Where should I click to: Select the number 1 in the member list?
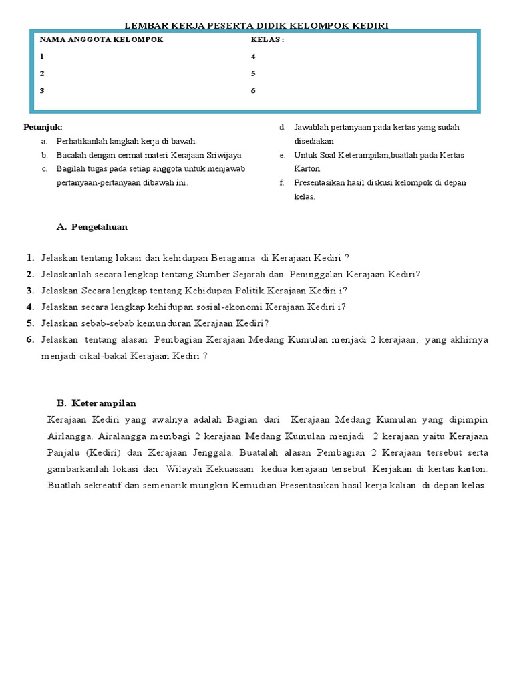coord(42,57)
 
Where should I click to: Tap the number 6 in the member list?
coord(253,90)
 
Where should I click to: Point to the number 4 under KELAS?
coord(253,57)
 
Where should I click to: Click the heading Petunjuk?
coord(43,127)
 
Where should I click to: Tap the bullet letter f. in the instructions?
coord(283,182)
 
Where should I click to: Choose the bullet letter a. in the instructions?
coord(44,141)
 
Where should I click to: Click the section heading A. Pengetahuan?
coord(92,227)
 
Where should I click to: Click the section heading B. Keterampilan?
coord(97,403)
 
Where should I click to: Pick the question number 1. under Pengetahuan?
coord(31,258)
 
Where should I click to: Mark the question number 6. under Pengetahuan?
coord(31,339)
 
